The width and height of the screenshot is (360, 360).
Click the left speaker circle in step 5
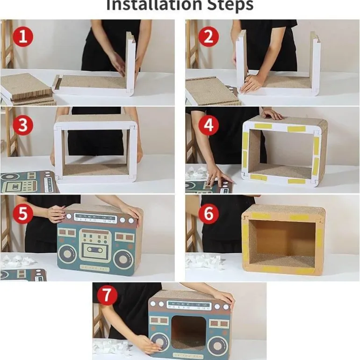coord(68,257)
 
